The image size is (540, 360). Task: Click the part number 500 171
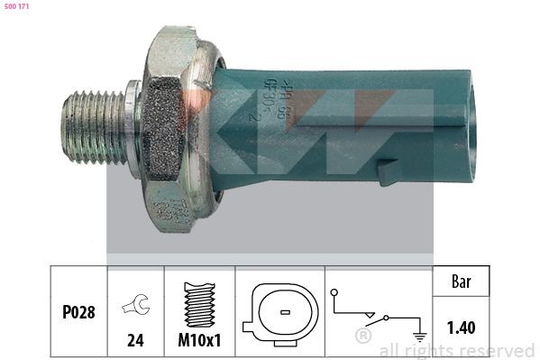pyautogui.click(x=18, y=8)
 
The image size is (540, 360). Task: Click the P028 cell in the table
pyautogui.click(x=78, y=312)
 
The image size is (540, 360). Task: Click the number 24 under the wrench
pyautogui.click(x=135, y=342)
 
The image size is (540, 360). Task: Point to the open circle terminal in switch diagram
pyautogui.click(x=333, y=292)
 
